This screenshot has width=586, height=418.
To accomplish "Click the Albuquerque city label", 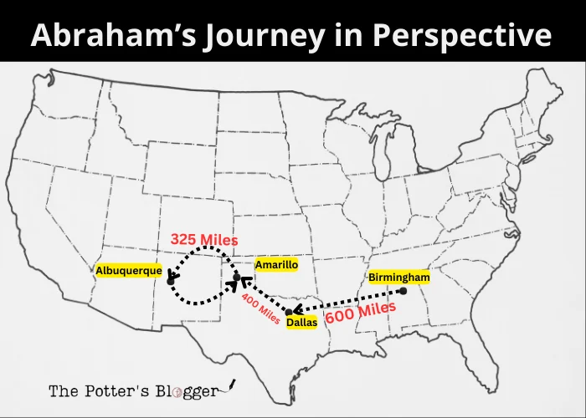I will tap(129, 270).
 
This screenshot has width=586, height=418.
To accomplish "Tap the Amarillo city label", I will tap(276, 264).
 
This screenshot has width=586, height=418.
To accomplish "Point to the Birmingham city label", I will tap(398, 277).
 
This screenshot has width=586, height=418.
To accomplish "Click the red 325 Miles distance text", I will tap(204, 240).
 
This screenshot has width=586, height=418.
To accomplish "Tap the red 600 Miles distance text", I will tap(361, 313).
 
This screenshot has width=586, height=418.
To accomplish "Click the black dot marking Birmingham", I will tap(403, 291).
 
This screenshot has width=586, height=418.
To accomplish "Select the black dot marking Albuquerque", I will tap(170, 281).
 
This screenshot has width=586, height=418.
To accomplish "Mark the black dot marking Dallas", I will tap(289, 312).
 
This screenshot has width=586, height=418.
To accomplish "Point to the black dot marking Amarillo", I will tap(237, 277).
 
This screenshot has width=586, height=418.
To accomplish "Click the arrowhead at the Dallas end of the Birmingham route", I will tap(297, 308).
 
